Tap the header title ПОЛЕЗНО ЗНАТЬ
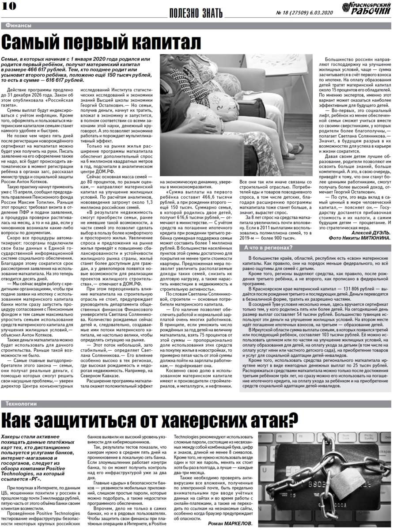tap(196, 13)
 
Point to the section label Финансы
tap(18, 26)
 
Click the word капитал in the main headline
tap(163, 43)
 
